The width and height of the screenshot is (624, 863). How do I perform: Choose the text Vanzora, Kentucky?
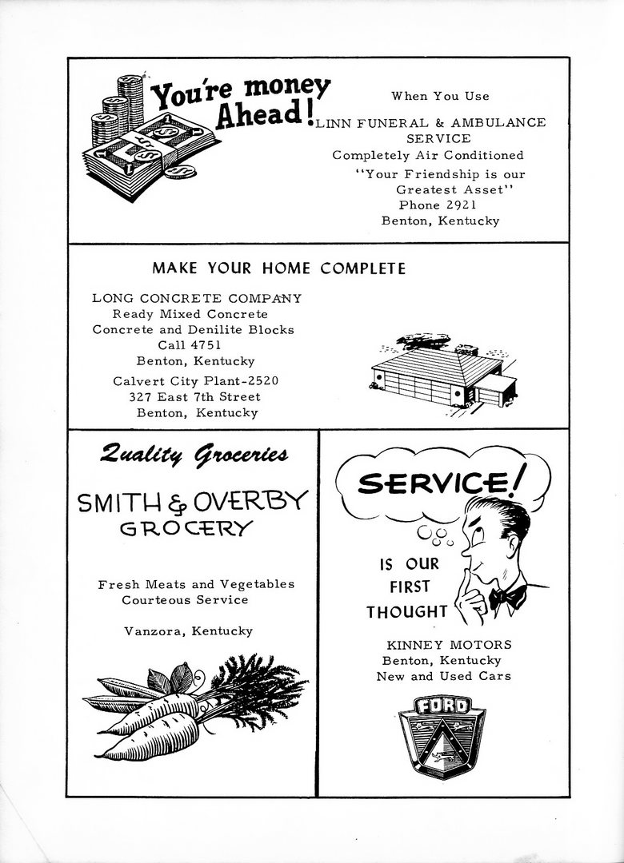click(189, 631)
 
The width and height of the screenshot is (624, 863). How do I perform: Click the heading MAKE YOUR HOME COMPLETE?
click(278, 268)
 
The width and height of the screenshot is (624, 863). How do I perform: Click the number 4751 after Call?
click(204, 345)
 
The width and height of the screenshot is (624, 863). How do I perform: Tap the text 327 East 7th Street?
click(194, 397)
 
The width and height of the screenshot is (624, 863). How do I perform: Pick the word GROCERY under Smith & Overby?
click(186, 528)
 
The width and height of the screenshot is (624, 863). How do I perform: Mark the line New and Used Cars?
click(444, 676)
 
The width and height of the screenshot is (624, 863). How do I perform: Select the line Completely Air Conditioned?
click(428, 155)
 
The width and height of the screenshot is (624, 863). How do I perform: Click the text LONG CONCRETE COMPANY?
click(197, 299)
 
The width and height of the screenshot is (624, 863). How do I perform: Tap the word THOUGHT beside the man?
click(406, 613)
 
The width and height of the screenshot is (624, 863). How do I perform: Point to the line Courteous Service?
click(185, 599)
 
